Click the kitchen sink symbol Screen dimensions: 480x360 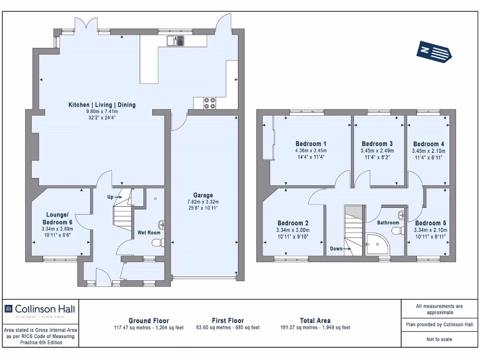(x=175, y=41)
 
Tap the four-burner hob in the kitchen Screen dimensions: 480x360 (x=210, y=103)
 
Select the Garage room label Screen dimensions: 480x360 (x=203, y=195)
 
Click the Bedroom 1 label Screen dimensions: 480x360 (x=311, y=144)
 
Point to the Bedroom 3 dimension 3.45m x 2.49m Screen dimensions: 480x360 (x=377, y=151)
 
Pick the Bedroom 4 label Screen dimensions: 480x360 (x=428, y=144)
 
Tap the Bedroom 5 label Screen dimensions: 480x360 (x=430, y=223)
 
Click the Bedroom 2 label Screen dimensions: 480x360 (x=293, y=223)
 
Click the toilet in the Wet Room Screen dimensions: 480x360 (x=158, y=243)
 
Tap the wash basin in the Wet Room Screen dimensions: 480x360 (x=161, y=225)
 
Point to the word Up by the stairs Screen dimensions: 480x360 (x=110, y=197)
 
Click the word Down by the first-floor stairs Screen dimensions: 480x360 (x=336, y=248)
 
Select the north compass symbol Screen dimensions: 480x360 (x=434, y=52)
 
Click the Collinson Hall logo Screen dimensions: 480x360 (x=39, y=310)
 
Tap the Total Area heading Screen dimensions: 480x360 (x=315, y=321)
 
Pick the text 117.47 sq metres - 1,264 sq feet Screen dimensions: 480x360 (x=149, y=328)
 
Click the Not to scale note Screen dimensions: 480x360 (x=439, y=339)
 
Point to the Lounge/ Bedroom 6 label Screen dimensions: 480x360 (x=58, y=218)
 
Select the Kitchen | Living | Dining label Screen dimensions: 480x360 (x=102, y=105)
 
